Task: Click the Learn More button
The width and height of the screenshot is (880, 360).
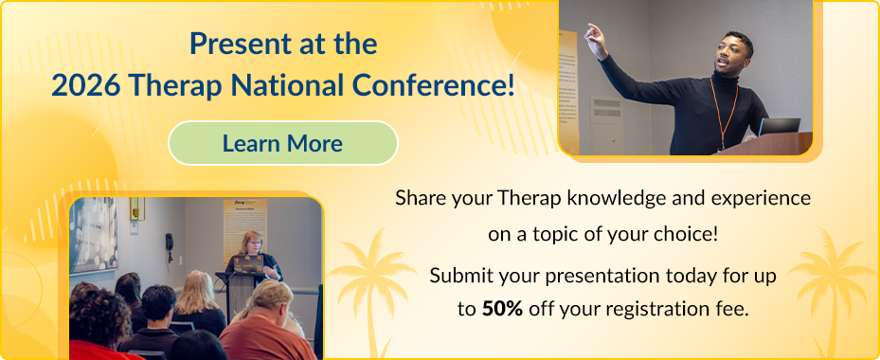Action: [x=283, y=143]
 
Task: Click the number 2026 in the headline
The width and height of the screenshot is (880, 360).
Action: [x=84, y=86]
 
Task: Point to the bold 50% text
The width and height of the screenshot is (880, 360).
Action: [x=502, y=308]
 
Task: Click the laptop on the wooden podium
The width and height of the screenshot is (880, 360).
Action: [x=779, y=127]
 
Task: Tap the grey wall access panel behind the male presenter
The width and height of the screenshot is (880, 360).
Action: [x=606, y=125]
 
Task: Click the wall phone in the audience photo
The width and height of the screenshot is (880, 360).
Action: [x=169, y=243]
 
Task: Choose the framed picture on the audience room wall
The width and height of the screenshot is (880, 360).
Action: [x=93, y=234]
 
